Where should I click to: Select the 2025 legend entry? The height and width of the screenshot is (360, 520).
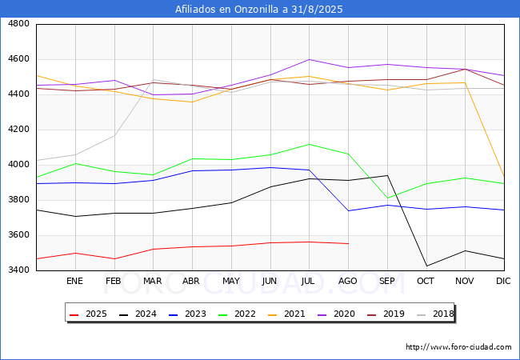(x=88, y=314)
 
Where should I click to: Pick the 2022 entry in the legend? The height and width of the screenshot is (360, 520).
(x=237, y=314)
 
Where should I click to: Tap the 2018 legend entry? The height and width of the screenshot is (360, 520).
(x=435, y=314)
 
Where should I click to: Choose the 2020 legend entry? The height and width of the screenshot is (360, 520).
(x=336, y=314)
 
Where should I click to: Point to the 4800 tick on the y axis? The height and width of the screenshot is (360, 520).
(x=18, y=24)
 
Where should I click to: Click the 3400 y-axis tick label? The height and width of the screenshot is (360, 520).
(x=18, y=270)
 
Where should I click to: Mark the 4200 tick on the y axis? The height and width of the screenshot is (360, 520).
(x=18, y=130)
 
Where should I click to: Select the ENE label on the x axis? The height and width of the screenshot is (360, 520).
(x=74, y=281)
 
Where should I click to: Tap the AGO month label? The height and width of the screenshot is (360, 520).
(x=347, y=281)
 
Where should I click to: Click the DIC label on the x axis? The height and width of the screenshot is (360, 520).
(x=503, y=281)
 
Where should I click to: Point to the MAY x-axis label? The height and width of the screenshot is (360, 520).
(x=231, y=281)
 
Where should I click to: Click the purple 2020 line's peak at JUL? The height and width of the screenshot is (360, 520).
(x=310, y=60)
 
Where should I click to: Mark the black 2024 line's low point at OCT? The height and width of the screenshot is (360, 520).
(x=426, y=266)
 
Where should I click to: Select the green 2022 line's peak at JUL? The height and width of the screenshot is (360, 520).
(x=310, y=144)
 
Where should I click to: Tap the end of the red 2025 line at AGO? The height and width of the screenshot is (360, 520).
(x=348, y=244)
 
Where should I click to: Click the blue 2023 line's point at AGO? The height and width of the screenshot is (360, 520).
(x=348, y=211)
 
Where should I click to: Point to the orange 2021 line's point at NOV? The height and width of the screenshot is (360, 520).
(x=466, y=82)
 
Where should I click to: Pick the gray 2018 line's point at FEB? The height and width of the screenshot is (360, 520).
(x=114, y=135)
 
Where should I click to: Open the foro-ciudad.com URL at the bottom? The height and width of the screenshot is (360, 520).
(x=458, y=347)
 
